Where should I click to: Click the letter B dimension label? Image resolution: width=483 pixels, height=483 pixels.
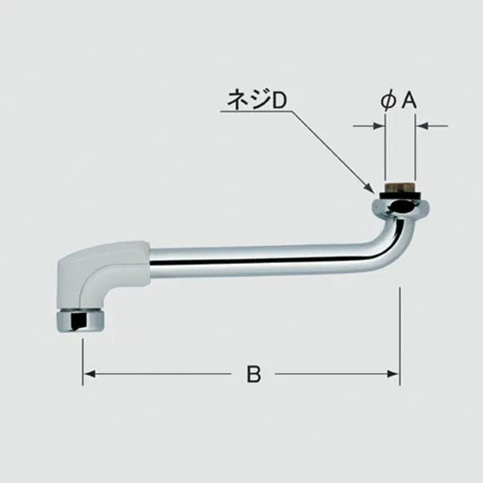[254, 374]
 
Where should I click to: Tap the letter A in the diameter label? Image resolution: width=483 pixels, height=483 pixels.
[409, 100]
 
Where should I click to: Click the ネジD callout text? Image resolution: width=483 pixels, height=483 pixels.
[257, 99]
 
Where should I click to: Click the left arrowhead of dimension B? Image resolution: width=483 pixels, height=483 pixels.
[89, 374]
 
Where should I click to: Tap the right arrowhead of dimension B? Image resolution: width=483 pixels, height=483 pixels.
[394, 374]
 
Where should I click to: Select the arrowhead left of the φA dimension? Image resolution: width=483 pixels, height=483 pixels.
[379, 126]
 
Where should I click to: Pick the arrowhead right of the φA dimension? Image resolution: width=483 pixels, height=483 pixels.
[421, 126]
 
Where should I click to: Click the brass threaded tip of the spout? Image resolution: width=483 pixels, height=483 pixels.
[400, 187]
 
